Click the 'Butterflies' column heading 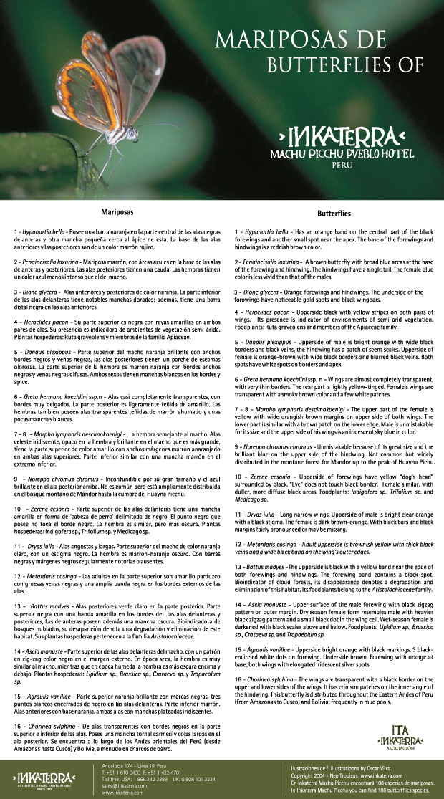[334, 213]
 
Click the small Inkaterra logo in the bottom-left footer [40, 778]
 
